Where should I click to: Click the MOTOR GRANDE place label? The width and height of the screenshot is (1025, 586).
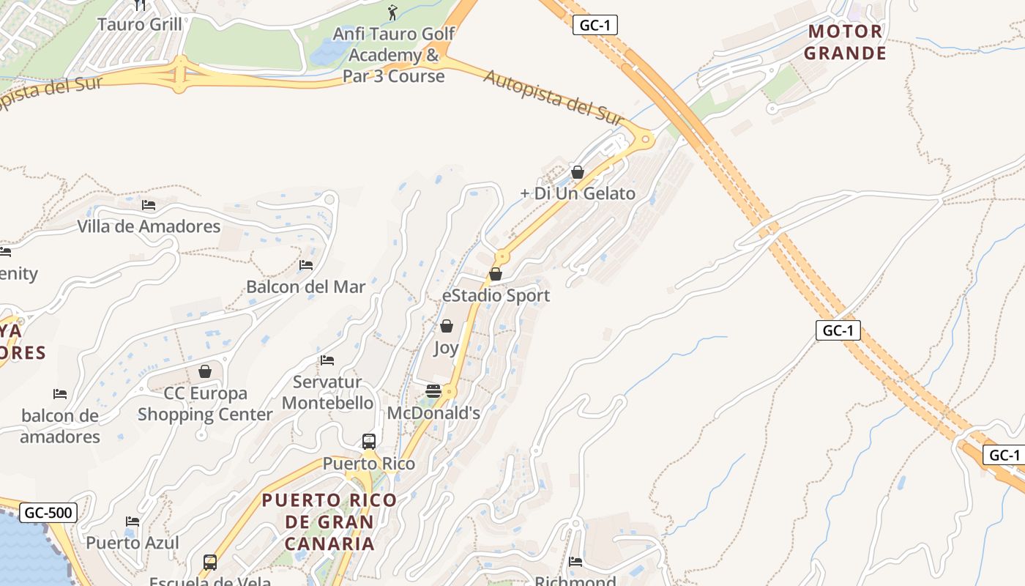point(845,42)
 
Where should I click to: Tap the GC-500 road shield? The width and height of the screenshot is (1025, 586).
point(48,512)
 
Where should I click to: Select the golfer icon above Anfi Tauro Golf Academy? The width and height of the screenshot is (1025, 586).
point(392,12)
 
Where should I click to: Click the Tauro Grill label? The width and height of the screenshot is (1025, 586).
point(139,24)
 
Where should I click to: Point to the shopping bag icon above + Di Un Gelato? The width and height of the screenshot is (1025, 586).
point(578,172)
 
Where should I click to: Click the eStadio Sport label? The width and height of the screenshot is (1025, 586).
point(496,296)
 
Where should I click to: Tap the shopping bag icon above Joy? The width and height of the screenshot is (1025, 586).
point(446,326)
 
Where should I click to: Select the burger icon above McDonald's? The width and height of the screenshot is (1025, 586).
point(433,391)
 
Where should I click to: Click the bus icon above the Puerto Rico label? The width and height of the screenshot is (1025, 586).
point(369,442)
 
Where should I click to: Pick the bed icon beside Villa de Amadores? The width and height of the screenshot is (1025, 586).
point(149,205)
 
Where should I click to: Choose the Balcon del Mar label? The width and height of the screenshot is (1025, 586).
point(305,286)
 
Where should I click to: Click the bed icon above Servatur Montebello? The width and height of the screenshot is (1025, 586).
point(327,360)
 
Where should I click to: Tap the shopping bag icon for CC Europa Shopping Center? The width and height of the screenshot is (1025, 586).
point(205,372)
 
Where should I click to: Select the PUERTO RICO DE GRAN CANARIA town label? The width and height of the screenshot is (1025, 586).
point(329,522)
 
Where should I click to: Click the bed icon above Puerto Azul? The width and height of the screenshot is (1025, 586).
point(133,522)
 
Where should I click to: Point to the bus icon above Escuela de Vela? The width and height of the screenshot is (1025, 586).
point(210,563)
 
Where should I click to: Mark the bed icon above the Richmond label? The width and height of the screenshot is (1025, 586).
point(575,562)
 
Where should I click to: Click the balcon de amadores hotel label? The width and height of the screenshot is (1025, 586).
point(60,426)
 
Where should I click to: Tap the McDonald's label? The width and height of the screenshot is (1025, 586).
point(433,413)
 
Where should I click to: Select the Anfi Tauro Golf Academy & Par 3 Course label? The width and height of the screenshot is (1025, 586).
point(395,55)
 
